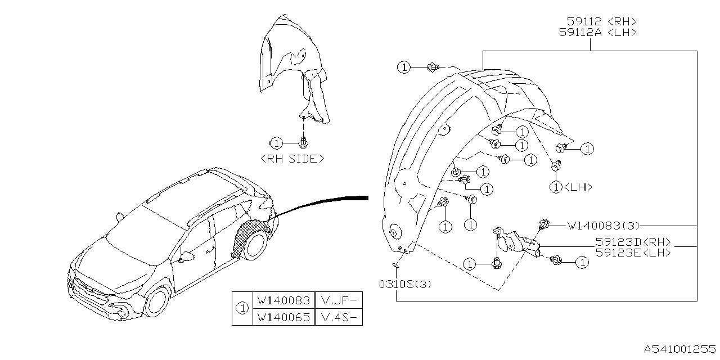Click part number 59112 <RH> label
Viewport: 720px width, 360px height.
597,21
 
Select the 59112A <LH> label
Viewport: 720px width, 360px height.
597,33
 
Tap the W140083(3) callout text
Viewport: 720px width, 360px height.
603,226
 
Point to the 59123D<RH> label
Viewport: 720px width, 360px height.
633,242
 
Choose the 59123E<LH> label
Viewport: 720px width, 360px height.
633,253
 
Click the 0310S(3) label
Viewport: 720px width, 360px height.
405,284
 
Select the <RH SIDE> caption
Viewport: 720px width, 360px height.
292,159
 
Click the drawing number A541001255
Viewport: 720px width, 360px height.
680,349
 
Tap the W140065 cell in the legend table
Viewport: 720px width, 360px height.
283,317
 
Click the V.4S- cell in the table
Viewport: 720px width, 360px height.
338,317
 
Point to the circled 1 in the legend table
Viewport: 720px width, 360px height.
242,308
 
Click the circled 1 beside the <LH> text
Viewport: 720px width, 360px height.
556,187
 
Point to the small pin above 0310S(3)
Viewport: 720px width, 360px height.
395,264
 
